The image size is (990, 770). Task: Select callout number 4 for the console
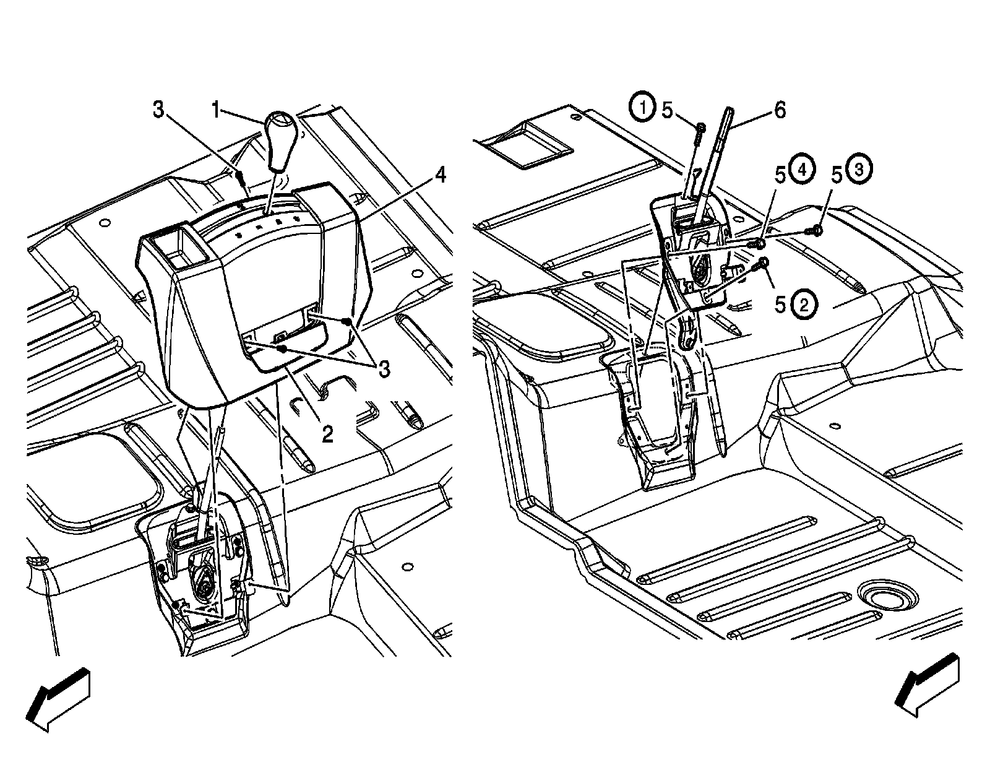439,176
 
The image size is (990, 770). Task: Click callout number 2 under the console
327,434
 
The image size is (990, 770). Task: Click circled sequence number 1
643,109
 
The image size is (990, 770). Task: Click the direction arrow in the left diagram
60,698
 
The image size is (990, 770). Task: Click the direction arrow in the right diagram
928,686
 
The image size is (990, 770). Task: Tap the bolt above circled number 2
763,264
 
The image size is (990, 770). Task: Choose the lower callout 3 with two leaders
384,370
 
